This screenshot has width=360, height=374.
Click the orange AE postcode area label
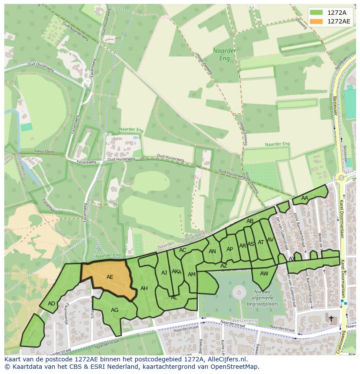tap(110, 277)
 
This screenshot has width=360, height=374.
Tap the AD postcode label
tap(51, 304)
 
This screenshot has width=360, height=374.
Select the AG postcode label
tap(114, 310)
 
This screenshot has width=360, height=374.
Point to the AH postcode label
tap(144, 288)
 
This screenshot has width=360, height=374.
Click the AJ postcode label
tap(164, 273)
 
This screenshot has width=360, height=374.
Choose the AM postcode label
tap(191, 275)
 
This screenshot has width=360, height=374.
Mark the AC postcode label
tap(183, 250)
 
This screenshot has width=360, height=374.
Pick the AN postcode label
tap(212, 252)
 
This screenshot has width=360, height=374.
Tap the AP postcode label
tap(230, 249)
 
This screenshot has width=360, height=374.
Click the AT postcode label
tap(261, 242)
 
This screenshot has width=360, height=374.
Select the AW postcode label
tap(264, 274)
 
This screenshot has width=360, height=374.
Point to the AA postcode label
tap(305, 198)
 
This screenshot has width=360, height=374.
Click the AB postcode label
tap(250, 221)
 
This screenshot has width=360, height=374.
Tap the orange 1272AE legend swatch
tap(317, 21)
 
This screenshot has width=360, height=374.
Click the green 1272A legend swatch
tap(317, 12)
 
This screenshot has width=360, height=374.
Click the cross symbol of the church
tap(331, 318)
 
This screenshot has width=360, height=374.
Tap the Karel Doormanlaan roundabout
tap(341, 177)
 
